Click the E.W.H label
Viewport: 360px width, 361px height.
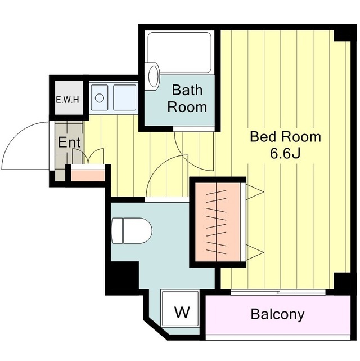(67, 100)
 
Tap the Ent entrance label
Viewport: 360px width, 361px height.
(69, 142)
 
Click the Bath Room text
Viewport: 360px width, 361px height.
(187, 99)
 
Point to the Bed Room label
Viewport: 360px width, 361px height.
(285, 136)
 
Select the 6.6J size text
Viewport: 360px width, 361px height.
(285, 154)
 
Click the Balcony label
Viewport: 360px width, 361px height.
(277, 314)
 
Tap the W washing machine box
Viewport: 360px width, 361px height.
(180, 308)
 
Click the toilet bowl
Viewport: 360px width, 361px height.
(132, 230)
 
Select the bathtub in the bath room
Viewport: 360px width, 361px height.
(179, 53)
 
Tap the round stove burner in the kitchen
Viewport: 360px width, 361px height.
(100, 99)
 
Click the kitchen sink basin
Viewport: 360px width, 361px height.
(125, 97)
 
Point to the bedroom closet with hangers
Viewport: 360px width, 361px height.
(218, 222)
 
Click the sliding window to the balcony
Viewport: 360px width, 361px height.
(278, 292)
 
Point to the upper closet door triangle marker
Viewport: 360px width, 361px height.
(255, 191)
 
